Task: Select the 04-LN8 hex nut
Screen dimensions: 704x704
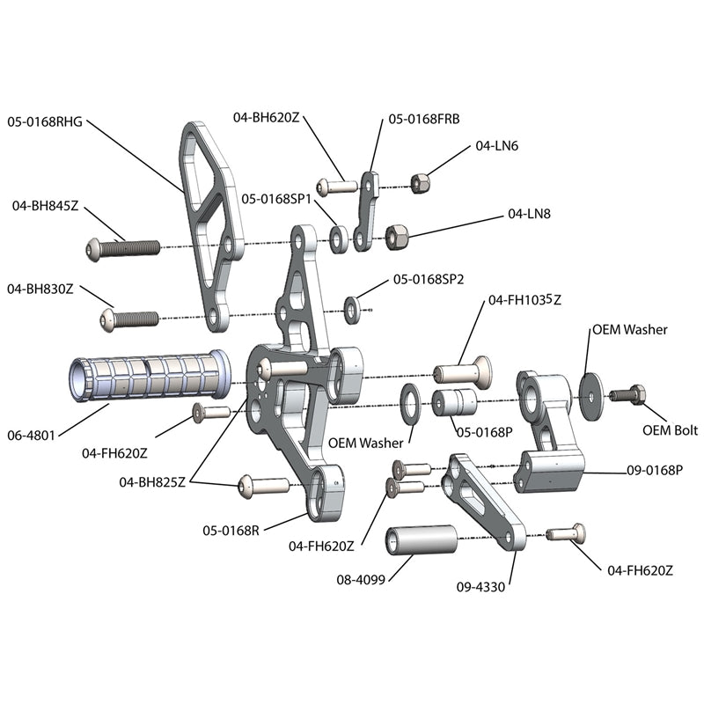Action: pyautogui.click(x=395, y=236)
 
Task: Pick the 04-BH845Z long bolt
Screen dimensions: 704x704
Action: pyautogui.click(x=122, y=249)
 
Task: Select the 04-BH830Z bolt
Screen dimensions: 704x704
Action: pyautogui.click(x=128, y=317)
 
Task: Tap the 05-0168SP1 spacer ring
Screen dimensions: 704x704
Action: pyautogui.click(x=338, y=238)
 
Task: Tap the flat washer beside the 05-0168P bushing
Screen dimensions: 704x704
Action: pyautogui.click(x=410, y=402)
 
